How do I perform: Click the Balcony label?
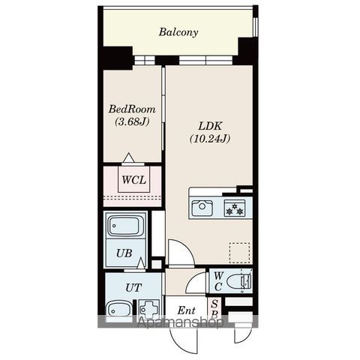click(178, 32)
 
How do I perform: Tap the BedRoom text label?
click(132, 109)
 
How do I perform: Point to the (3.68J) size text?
click(132, 122)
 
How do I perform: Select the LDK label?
click(210, 126)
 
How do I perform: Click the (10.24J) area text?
click(210, 139)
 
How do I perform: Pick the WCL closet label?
click(134, 180)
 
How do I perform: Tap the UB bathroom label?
click(124, 253)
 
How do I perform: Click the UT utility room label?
click(133, 288)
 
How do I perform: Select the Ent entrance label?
click(186, 310)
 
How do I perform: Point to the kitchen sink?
click(202, 208)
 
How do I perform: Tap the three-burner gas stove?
click(235, 208)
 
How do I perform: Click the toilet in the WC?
click(238, 281)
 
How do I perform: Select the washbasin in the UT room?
click(118, 309)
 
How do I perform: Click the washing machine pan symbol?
click(149, 310)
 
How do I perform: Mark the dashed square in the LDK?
click(239, 253)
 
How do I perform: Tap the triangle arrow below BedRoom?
click(129, 157)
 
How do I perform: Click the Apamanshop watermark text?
click(180, 322)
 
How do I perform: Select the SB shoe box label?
click(214, 309)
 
